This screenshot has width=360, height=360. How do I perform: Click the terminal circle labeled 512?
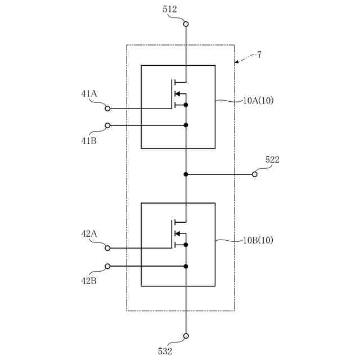point(186,24)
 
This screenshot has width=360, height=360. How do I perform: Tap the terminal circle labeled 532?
point(186,336)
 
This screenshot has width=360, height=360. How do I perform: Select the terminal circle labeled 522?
point(255,174)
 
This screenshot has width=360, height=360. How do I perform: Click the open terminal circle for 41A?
point(107,109)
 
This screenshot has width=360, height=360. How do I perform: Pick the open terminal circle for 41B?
point(107,125)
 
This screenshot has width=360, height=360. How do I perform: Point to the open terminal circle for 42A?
point(107,248)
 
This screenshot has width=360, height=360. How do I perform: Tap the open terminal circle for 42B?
point(107,266)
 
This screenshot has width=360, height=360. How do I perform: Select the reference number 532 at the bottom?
point(165,351)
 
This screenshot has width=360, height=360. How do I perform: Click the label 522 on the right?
point(272,160)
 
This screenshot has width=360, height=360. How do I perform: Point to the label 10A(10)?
point(258,101)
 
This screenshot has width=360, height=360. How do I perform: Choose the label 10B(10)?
point(258,240)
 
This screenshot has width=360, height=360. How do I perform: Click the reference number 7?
point(259,55)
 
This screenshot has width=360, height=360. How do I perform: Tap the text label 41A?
point(89,94)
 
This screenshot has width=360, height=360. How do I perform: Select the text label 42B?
point(89,281)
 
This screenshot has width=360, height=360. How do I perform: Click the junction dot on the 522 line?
point(186,174)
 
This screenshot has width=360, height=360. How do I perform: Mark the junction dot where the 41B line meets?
point(186,125)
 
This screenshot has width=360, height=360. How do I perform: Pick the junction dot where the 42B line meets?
point(186,266)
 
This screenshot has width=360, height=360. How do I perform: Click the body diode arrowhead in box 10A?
point(177,93)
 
